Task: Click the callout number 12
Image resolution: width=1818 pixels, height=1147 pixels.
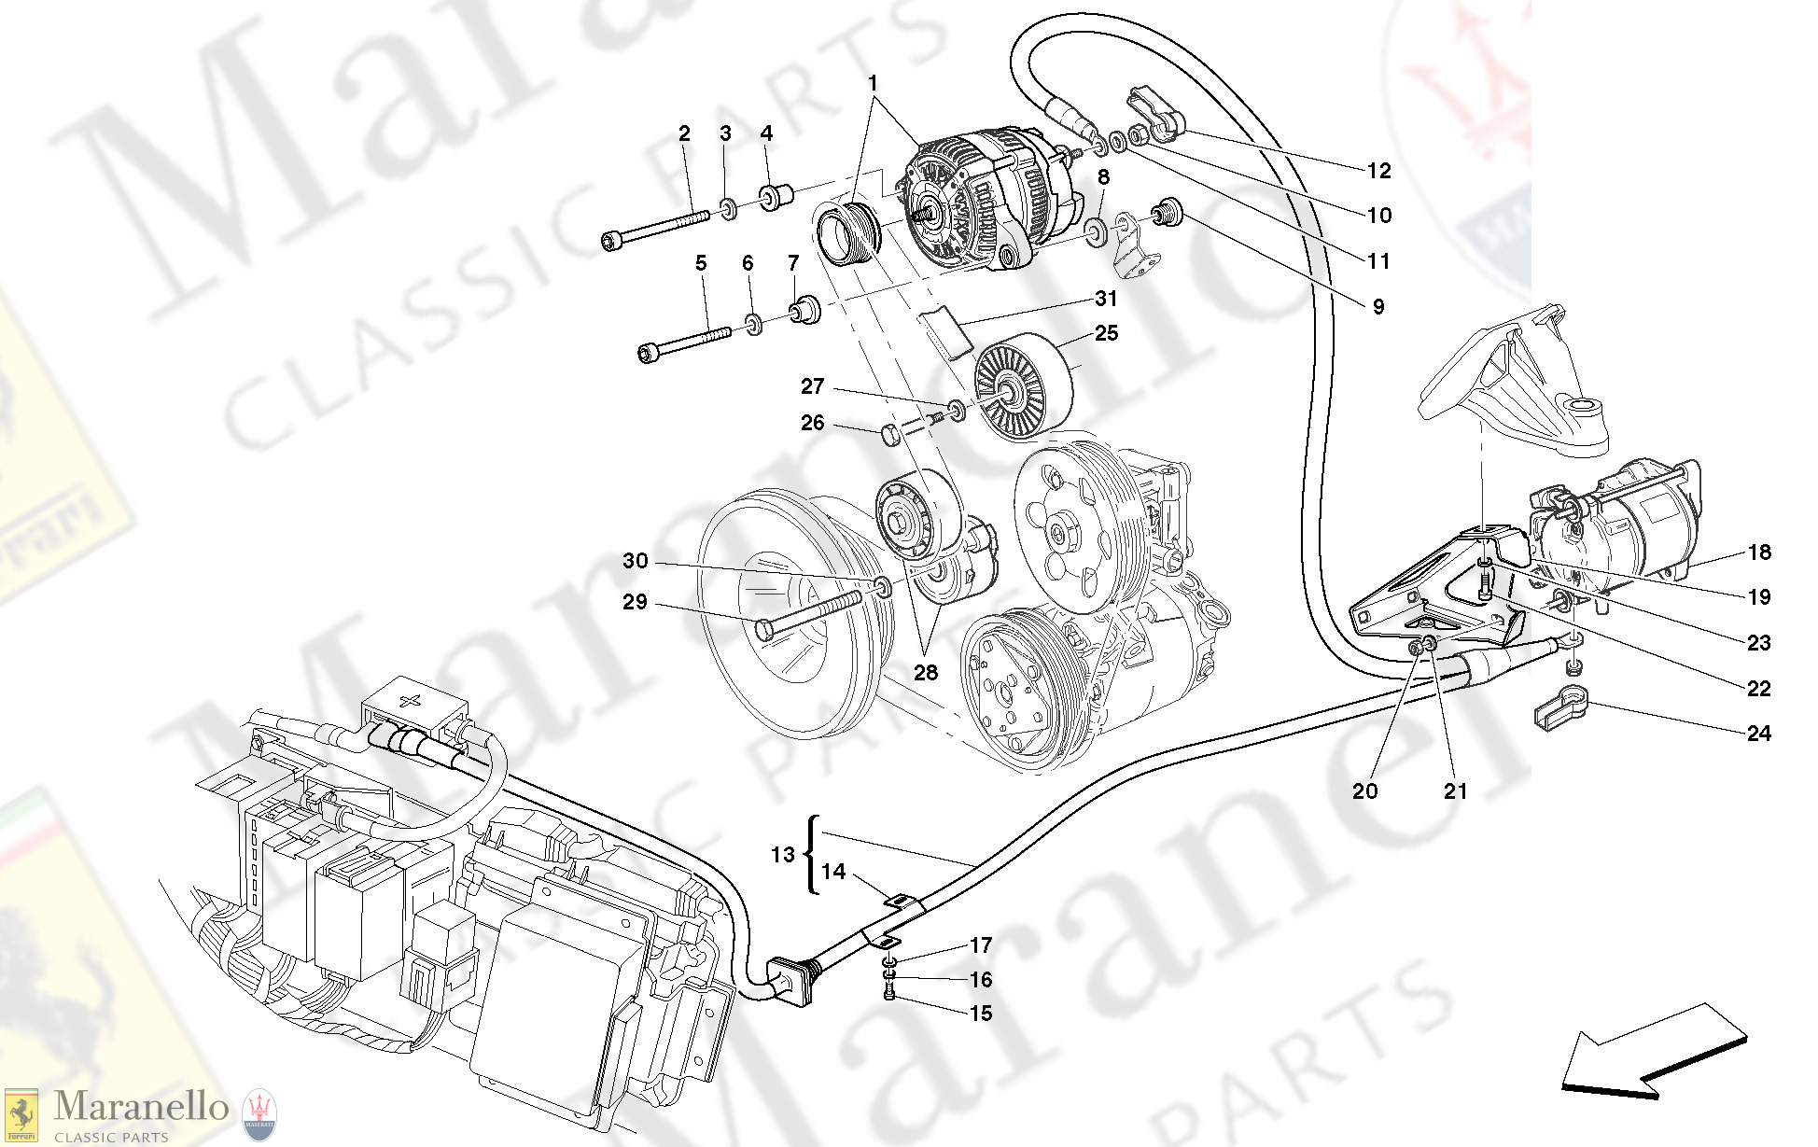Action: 1378,171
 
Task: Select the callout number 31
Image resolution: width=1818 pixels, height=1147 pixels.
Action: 1106,299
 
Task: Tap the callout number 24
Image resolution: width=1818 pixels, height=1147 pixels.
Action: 1758,734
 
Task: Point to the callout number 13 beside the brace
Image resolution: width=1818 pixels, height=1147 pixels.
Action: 782,855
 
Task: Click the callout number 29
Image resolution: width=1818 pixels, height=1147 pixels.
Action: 635,602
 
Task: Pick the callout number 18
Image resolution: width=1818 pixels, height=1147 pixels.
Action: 1759,553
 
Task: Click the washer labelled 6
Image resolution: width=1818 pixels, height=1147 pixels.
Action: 753,325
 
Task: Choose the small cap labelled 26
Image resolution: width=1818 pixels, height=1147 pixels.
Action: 890,433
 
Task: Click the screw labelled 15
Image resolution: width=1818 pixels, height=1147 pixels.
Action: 889,997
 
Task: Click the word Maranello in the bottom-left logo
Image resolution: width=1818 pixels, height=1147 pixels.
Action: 141,1108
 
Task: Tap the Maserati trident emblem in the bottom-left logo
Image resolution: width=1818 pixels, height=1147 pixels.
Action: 259,1114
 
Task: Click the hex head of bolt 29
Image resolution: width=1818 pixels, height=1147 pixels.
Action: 762,629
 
